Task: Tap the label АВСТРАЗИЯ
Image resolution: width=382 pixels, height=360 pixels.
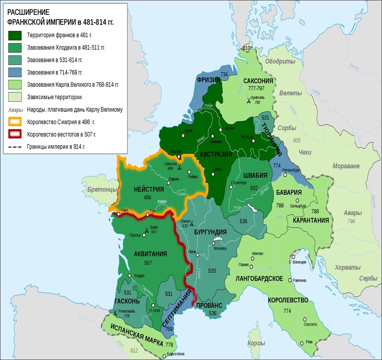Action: pos(213,154)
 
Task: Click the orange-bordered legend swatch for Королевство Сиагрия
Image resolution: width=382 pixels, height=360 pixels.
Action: pos(16,122)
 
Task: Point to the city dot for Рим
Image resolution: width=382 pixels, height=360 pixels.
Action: pos(303,343)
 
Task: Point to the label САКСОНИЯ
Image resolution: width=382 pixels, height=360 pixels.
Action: pos(258,81)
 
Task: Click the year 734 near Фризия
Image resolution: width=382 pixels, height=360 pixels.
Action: pos(224,74)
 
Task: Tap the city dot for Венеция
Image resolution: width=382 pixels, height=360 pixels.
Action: pos(294,257)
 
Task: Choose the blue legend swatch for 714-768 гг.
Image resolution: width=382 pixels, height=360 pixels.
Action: pos(16,73)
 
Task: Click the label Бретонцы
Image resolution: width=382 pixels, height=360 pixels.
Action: pos(102,189)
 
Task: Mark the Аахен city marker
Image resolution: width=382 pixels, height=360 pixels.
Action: pos(213,136)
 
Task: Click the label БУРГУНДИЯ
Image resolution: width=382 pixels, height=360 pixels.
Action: pos(210,232)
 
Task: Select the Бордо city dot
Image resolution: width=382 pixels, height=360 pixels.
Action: pos(130,276)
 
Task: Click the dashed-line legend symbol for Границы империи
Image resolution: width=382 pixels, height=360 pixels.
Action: pos(16,147)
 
